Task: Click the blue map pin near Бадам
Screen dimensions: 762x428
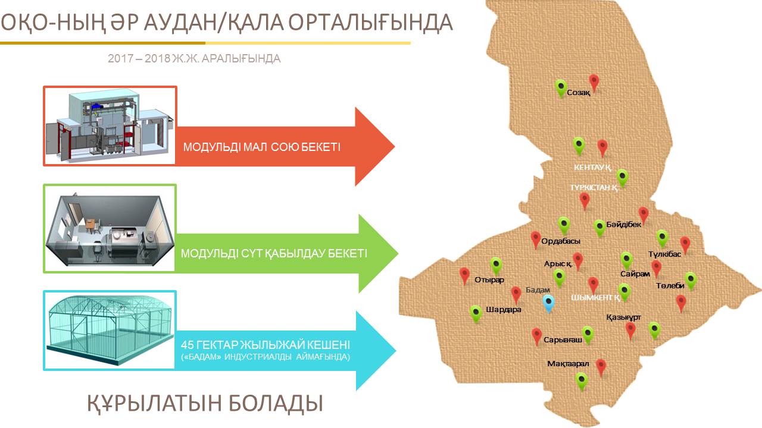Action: point(548,303)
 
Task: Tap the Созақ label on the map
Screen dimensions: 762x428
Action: point(578,92)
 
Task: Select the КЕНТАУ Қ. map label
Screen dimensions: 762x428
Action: point(593,168)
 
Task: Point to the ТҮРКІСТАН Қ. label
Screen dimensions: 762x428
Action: point(594,187)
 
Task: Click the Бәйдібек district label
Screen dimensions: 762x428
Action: point(623,224)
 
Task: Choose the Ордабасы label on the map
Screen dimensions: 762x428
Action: point(561,241)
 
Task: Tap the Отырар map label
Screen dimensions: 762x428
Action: point(489,280)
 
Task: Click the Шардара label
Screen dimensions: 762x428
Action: point(504,310)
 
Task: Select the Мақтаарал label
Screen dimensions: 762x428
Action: point(568,364)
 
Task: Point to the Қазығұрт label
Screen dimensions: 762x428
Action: point(623,317)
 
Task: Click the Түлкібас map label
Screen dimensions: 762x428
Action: point(664,254)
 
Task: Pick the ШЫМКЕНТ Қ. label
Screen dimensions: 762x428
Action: point(595,298)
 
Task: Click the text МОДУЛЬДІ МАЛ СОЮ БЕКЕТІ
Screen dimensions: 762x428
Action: point(261,147)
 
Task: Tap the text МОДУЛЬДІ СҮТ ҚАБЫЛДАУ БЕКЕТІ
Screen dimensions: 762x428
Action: point(274,253)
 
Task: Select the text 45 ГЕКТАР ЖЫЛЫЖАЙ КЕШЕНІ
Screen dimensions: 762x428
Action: point(266,345)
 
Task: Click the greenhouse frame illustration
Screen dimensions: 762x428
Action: point(110,330)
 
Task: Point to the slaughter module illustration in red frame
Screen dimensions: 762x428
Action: point(110,125)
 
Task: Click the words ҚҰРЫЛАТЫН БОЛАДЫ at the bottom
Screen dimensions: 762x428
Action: point(205,404)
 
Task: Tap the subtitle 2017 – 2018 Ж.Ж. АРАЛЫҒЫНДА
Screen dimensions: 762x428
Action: point(194,59)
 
